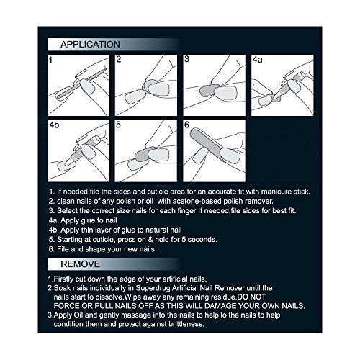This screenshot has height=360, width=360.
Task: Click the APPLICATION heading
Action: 90,45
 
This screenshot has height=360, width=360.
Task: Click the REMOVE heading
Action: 80,264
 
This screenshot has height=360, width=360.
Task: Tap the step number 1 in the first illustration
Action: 50,60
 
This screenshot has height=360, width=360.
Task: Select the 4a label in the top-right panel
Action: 258,60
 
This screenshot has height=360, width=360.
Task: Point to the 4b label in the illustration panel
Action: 54,125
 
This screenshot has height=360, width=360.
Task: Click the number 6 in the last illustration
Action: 186,125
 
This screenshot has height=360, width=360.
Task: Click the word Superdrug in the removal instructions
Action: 152,288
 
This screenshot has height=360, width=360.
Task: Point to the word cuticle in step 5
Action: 102,240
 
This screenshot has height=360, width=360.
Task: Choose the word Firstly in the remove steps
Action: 63,279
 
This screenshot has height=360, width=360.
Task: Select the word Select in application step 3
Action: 67,211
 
